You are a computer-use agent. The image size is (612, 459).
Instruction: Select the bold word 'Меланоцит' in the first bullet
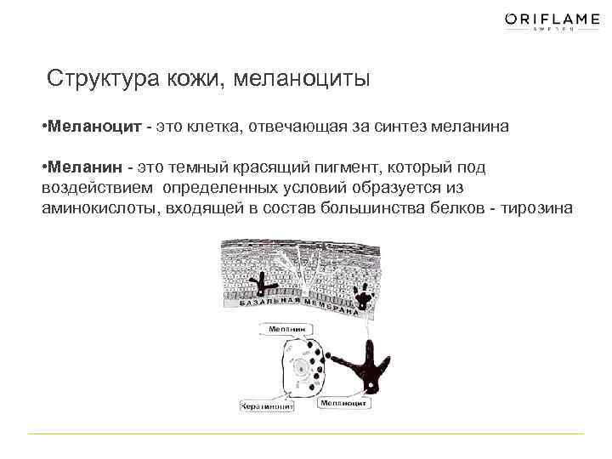click(x=93, y=127)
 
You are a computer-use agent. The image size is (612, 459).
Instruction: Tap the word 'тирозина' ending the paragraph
click(x=537, y=209)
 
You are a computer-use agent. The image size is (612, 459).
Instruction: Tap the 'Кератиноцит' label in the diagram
click(x=267, y=407)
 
